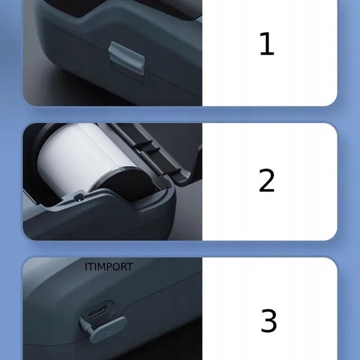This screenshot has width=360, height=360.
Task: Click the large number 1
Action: pos(266,44)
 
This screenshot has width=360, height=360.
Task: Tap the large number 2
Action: pos(266,181)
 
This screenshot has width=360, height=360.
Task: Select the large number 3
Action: pos(268,322)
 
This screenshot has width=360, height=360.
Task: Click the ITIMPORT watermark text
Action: pos(109,267)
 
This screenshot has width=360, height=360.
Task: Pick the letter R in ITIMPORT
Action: pos(122,267)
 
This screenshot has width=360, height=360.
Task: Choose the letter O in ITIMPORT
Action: pos(115,267)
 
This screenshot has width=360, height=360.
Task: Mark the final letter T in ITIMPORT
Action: pos(130,267)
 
